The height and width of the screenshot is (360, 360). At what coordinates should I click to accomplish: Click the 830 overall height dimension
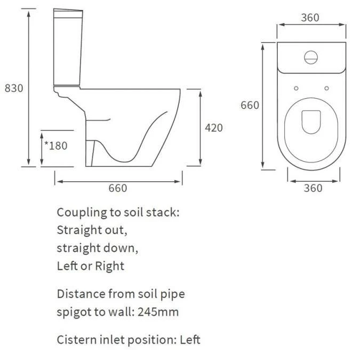(14, 88)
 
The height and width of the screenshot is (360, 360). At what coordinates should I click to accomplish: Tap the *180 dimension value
(55, 145)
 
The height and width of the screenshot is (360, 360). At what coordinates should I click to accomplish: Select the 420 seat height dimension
(214, 128)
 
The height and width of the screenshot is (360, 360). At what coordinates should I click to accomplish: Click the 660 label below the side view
(118, 188)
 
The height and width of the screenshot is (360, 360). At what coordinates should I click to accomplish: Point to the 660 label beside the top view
(250, 105)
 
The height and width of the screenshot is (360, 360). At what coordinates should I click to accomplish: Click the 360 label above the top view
(310, 18)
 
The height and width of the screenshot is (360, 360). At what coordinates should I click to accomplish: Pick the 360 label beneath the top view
(313, 188)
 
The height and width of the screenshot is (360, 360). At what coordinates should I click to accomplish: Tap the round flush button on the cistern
(310, 57)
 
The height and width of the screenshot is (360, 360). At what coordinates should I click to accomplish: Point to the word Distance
(81, 294)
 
